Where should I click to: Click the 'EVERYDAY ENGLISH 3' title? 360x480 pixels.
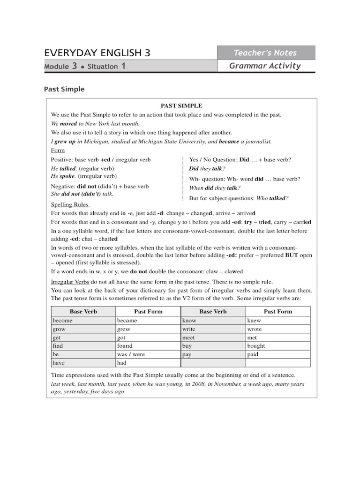[97, 52]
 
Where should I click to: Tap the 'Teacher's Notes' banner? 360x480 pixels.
[266, 52]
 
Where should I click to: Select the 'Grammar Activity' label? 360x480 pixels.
[265, 66]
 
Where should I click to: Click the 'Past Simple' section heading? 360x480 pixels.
[64, 89]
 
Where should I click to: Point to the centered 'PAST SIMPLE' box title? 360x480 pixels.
[181, 106]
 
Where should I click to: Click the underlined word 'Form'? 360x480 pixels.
[58, 150]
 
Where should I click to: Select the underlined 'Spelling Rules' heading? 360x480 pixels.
[70, 205]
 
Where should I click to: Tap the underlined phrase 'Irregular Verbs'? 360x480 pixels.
[70, 281]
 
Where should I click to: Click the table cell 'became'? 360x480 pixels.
[127, 321]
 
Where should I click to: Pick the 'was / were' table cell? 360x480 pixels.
[131, 354]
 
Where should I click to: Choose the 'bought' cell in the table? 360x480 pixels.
[256, 346]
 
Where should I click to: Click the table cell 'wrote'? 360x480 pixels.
[255, 329]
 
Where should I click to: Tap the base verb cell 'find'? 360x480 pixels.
[58, 346]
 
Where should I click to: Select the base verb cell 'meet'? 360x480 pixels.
[188, 337]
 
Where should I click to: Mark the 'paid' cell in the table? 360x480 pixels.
[253, 354]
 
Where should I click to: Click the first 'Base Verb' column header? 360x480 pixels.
[83, 311]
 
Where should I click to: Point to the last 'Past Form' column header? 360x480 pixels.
[277, 311]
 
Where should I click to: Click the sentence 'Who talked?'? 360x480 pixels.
[272, 198]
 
